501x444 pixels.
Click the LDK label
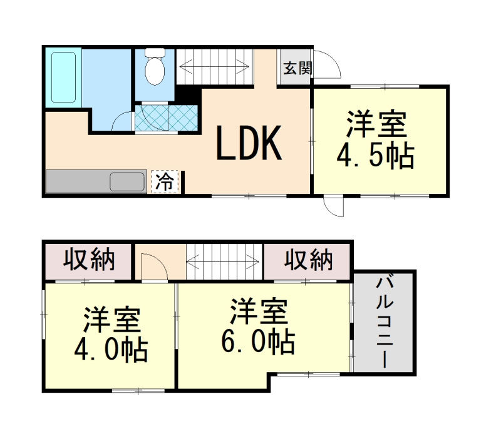(x=249, y=143)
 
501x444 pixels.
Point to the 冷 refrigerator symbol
(x=164, y=182)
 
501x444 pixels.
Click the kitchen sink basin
(x=128, y=182)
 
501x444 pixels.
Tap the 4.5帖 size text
(x=376, y=157)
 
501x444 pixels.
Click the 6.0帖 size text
(x=257, y=341)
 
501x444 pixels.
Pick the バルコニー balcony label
(x=384, y=323)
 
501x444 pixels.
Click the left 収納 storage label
(x=89, y=260)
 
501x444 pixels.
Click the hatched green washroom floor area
(x=167, y=116)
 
